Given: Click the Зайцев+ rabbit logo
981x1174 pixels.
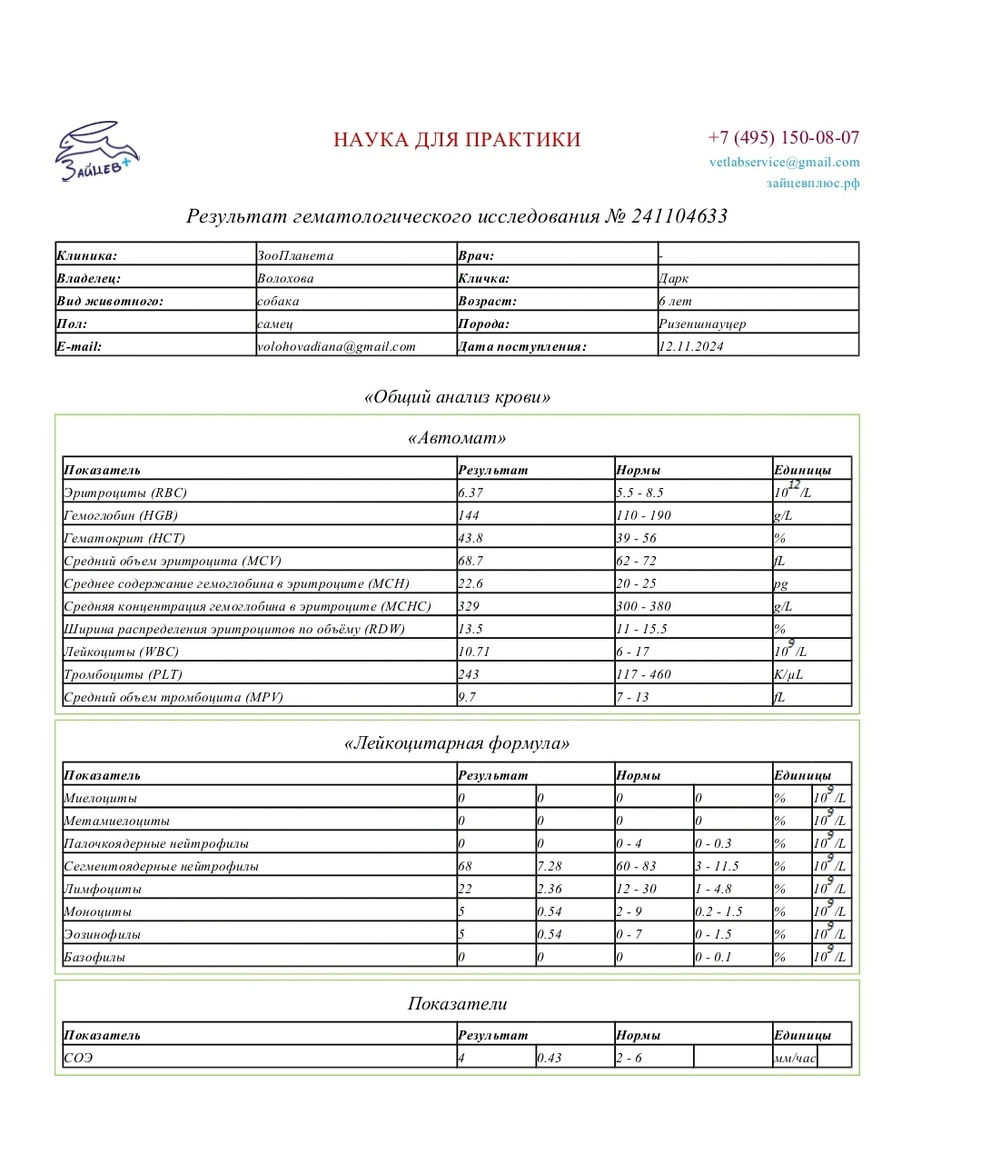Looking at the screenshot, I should click(96, 151).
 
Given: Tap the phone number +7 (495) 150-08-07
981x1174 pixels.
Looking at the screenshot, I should click(783, 138).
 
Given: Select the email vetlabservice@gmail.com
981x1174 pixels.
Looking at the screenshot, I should click(784, 163).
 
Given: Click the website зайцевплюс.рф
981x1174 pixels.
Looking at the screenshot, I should click(812, 184).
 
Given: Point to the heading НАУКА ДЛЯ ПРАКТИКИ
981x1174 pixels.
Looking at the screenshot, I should click(457, 140).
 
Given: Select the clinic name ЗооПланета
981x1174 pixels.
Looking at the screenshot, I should click(295, 256).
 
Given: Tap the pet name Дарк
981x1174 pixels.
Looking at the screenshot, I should click(674, 279).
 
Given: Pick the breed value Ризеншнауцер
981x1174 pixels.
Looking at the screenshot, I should click(702, 324).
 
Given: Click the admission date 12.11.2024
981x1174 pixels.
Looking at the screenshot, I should click(691, 347).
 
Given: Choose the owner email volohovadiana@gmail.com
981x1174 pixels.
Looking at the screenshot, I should click(336, 347).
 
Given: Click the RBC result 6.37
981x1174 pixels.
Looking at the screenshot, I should click(471, 493).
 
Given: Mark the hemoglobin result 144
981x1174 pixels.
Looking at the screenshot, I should click(469, 516).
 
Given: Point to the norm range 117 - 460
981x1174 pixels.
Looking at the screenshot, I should click(643, 675).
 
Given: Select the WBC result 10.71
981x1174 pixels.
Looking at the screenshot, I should click(474, 652).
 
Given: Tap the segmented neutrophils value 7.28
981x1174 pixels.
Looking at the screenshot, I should click(550, 867).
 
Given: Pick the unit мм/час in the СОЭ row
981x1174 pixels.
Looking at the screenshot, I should click(795, 1059).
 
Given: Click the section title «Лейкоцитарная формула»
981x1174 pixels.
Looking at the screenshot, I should click(457, 744).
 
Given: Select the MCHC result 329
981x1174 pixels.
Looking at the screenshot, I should click(469, 607).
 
